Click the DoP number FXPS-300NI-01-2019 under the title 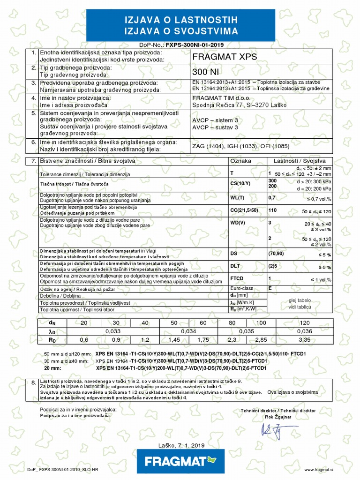[x=194, y=45]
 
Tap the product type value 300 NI [x=206, y=72]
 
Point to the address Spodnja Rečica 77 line [x=240, y=105]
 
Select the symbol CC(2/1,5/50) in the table [x=246, y=210]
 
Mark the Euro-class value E [x=270, y=288]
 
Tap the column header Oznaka [x=241, y=161]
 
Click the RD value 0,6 [x=84, y=340]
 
